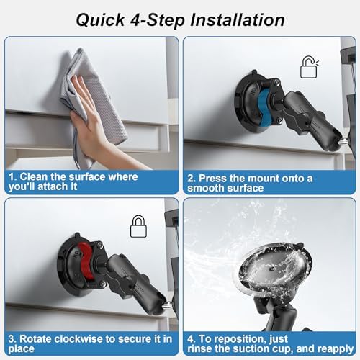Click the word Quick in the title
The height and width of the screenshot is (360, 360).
(100, 20)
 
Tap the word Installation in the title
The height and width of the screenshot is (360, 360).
(238, 19)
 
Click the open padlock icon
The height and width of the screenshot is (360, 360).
(310, 67)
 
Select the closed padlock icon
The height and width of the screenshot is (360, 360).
(138, 227)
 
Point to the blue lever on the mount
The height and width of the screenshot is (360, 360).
(264, 105)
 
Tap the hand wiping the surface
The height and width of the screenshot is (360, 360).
(96, 125)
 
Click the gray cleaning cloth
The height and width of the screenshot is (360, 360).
(94, 101)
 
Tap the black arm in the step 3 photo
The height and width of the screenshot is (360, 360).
(135, 283)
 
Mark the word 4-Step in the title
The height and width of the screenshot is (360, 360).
(157, 21)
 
